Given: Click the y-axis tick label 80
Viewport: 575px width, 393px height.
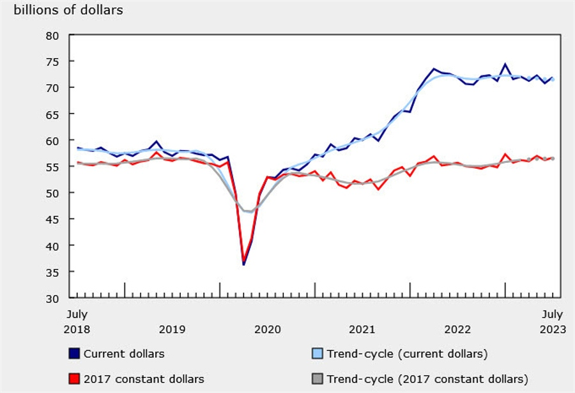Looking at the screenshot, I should pos(52,36).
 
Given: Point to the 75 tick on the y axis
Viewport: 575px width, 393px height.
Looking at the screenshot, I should pos(52,62).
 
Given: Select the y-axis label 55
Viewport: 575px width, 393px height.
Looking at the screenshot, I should pos(52,167).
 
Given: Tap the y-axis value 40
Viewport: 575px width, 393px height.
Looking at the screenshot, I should pos(52,246).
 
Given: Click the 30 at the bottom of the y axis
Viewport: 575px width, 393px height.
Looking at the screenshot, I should pos(52,298).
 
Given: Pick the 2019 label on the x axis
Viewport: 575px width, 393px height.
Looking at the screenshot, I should pos(172,330).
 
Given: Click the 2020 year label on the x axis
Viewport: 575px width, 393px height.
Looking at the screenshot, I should pos(267,330).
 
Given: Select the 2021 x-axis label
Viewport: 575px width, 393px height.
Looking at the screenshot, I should pos(362,330).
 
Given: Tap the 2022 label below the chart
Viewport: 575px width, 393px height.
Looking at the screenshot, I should pos(457,330).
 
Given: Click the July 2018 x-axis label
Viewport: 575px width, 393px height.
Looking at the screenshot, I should pos(77,322).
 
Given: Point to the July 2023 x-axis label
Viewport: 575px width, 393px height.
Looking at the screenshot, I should pos(552,322).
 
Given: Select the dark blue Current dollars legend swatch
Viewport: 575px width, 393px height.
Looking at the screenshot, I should pos(74,353).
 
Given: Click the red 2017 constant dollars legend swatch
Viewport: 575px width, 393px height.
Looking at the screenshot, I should pos(74,379).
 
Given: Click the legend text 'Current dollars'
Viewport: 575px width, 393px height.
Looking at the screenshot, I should pos(124,353).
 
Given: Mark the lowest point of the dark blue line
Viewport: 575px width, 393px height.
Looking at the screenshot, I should pos(244,264).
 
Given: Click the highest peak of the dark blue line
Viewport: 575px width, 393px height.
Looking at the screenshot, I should pos(505,64).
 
